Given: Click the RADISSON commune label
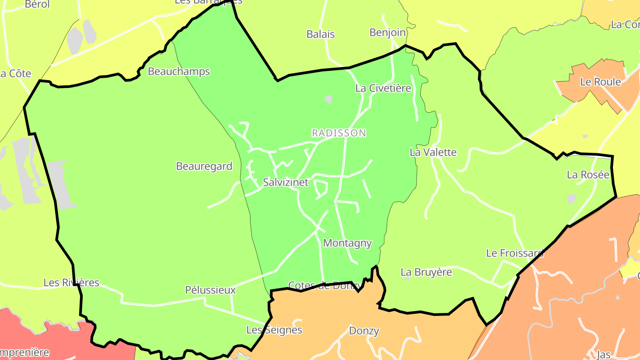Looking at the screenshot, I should pos(339,133).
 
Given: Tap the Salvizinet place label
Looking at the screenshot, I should pos(285,182).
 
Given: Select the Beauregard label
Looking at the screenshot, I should pos(204,166).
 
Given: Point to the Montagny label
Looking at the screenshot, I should pos(347,243).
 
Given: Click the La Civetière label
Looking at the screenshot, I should pos(383,88).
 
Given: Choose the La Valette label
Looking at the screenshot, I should pos(433,152).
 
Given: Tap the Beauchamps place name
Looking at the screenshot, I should pos(179,72).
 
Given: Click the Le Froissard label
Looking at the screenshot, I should pos(515,253).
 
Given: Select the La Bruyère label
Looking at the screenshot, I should pos(426,272).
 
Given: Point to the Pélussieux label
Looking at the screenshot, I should pos(210,290).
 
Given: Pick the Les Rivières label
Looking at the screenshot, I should pos(71,283).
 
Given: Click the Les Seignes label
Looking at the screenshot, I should pos(274,330).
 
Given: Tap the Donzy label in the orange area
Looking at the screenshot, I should pos(364,331).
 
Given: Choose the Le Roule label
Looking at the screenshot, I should pos(600,82).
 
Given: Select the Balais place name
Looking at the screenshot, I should pos(320,34).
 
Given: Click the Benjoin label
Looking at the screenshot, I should pos(388,32).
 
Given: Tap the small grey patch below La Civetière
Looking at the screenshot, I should pos(328,99).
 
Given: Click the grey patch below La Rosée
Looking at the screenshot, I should pos(572,199).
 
